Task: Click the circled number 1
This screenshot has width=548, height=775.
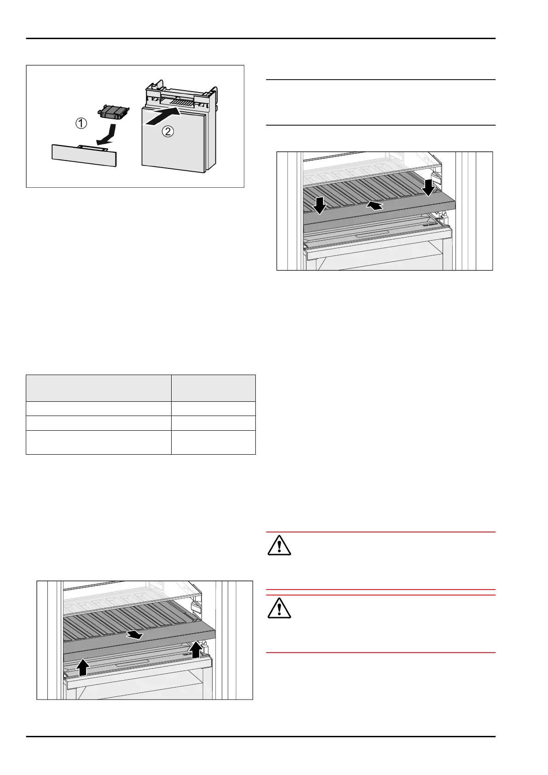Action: (81, 123)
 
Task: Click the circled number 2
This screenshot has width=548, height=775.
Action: (168, 132)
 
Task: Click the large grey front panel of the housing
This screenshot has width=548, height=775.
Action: (173, 140)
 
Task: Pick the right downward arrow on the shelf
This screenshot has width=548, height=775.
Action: (429, 187)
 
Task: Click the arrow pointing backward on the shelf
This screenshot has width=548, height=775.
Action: (375, 206)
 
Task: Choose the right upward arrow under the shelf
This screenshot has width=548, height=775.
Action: (196, 649)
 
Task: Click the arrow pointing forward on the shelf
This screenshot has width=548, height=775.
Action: (134, 635)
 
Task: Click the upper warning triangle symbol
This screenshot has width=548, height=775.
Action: (279, 546)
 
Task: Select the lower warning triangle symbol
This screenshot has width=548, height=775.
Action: (279, 608)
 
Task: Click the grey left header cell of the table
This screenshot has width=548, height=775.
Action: (98, 388)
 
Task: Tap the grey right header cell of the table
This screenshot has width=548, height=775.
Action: (213, 388)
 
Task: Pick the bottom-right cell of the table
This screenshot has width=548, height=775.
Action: (213, 442)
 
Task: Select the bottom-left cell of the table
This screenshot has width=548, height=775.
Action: (98, 442)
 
